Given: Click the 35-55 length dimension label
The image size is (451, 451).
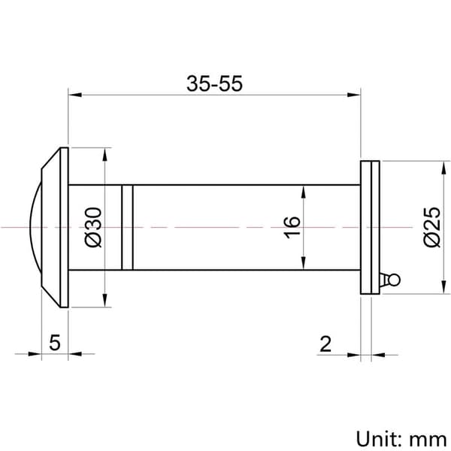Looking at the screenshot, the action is [x=214, y=83].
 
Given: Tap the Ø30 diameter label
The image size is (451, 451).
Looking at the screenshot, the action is [x=93, y=227].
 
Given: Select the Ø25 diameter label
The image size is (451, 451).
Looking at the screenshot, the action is [x=432, y=227].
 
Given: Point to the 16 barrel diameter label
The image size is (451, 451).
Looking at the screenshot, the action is [x=292, y=227].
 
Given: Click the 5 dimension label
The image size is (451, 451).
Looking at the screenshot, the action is [x=55, y=342].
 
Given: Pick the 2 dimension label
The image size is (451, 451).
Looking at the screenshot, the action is [x=325, y=344].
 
